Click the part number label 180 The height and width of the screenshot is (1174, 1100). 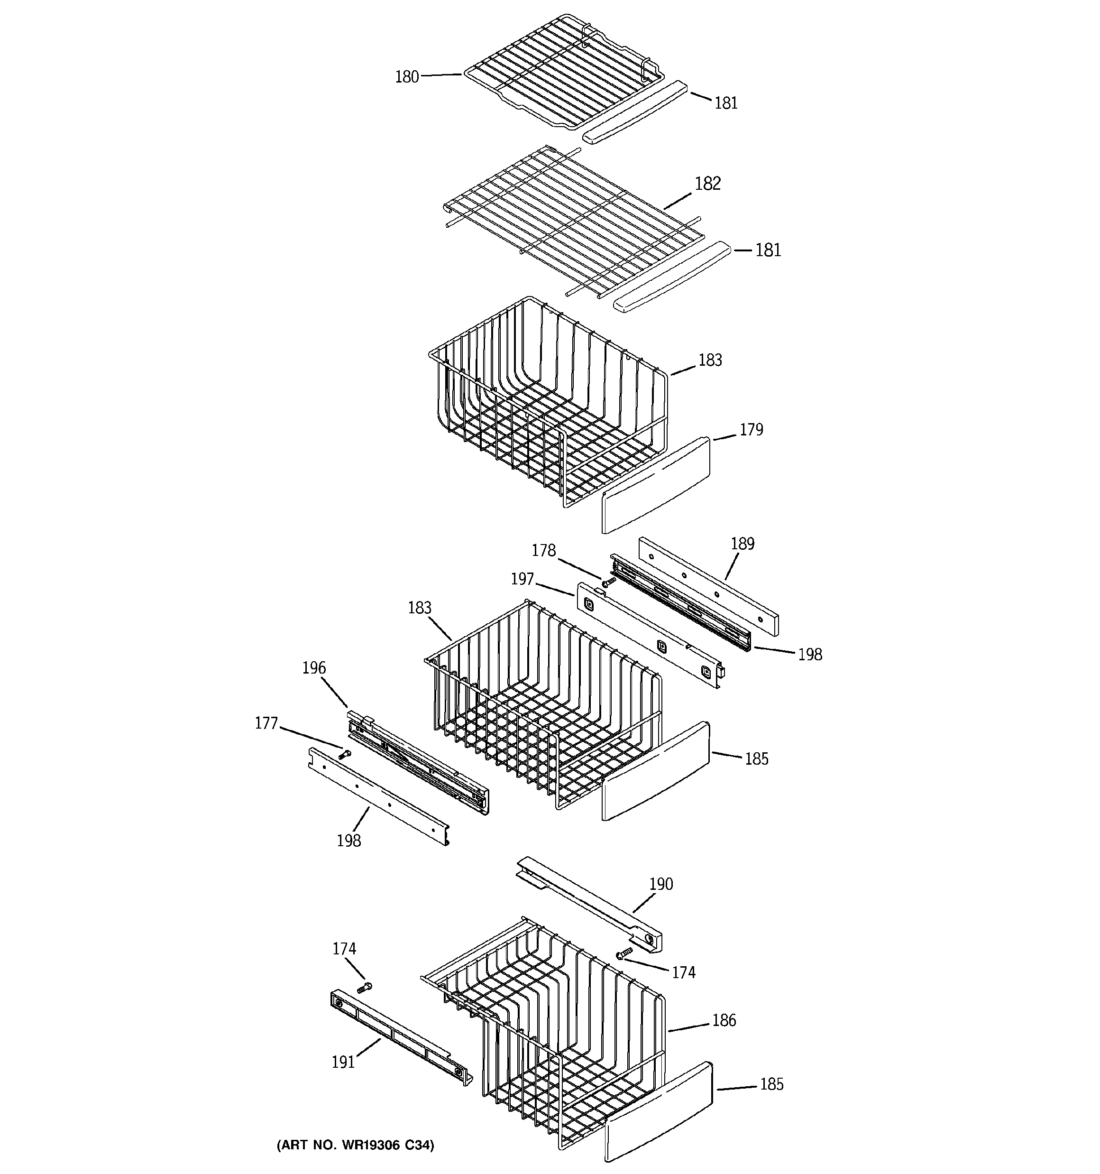(x=407, y=77)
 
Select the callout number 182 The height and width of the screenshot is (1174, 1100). (x=707, y=184)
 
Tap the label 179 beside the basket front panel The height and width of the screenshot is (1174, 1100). (x=751, y=430)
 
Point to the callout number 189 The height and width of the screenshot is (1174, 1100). (x=742, y=544)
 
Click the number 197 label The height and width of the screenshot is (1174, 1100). (x=522, y=579)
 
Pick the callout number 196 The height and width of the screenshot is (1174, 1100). (x=313, y=668)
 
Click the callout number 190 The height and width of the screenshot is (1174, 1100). (x=660, y=884)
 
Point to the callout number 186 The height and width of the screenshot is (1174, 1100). (x=724, y=1020)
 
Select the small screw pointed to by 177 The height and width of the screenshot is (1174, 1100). (x=344, y=754)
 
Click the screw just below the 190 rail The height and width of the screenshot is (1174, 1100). (x=624, y=952)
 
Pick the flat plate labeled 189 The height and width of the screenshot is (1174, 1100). (x=708, y=586)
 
